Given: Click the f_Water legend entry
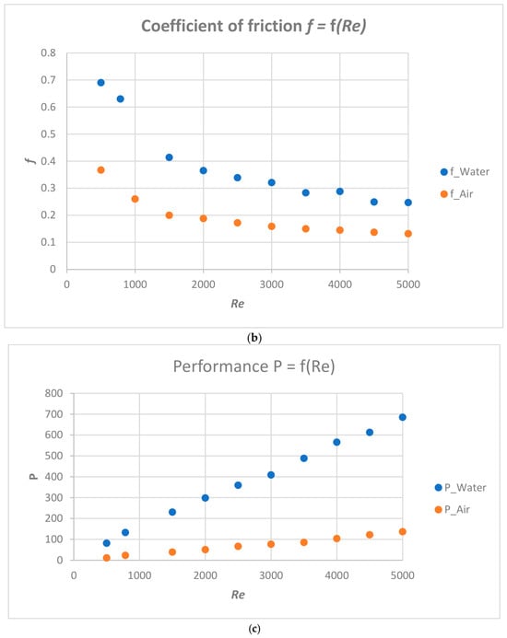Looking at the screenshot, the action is (465, 172).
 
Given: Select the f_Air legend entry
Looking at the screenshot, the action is (457, 194).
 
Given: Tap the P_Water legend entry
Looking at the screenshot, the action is (461, 487).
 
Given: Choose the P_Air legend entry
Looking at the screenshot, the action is (453, 509).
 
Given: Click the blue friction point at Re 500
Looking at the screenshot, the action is (101, 83).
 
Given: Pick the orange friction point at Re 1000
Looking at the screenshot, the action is (135, 199).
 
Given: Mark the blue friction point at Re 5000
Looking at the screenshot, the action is (408, 203).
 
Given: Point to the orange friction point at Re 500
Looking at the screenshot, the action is (101, 170).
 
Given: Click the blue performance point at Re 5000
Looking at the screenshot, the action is (403, 417).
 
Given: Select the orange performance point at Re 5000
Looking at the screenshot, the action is (403, 532).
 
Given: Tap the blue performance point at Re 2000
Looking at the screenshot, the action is (206, 498).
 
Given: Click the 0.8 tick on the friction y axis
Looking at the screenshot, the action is (48, 52).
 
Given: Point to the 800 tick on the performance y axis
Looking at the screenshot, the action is (53, 393).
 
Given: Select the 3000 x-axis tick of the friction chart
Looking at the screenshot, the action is (271, 284).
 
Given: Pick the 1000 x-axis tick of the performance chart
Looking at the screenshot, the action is (139, 575).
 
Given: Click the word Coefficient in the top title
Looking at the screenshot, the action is (181, 26).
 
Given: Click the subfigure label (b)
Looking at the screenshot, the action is (253, 338).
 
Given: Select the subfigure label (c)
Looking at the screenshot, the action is (253, 629).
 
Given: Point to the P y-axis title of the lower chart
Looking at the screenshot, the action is (34, 477).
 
